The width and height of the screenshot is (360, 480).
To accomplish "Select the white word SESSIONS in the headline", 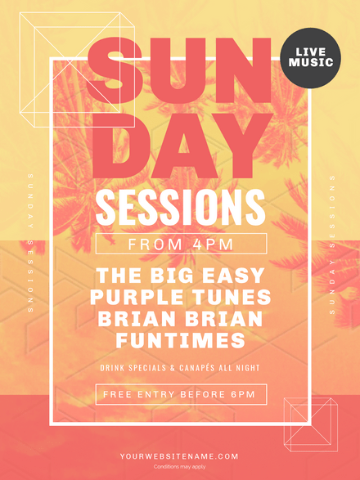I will click(181, 209).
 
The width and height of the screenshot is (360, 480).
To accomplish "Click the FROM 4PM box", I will click(181, 244).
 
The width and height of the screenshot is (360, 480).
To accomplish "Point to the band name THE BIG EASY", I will click(181, 276).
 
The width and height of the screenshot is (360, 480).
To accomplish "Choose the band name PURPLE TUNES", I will click(181, 296).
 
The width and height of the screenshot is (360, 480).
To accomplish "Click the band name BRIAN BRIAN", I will click(181, 317).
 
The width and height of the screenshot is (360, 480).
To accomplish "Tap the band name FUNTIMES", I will click(181, 339).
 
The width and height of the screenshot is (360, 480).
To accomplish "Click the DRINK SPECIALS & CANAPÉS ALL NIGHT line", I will click(181, 368).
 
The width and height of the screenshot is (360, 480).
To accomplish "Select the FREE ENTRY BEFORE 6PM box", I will click(181, 395).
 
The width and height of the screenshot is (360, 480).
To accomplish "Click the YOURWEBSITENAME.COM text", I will click(180, 456).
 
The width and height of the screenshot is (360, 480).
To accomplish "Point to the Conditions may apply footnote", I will click(180, 467).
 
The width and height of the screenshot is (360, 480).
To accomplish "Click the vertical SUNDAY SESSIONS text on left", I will click(30, 243).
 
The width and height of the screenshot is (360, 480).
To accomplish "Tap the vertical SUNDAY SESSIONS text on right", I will click(332, 243).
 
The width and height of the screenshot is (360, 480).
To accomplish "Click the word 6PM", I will click(244, 395).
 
